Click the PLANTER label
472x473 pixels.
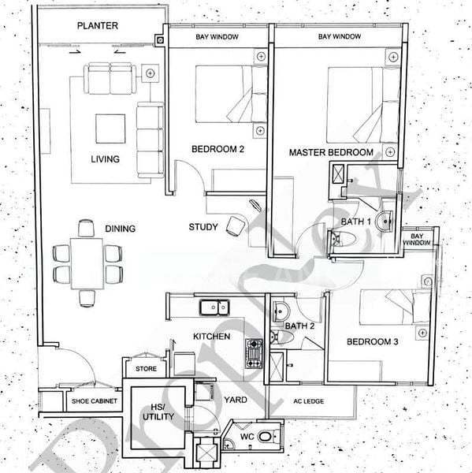98,26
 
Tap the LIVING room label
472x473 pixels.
106,159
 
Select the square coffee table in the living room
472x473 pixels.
110,128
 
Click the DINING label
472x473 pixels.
120,229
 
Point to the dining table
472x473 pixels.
87,263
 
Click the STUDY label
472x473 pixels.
203,227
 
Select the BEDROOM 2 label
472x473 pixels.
217,149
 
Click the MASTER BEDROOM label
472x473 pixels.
331,152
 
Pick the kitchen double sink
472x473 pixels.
214,307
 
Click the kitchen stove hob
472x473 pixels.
254,353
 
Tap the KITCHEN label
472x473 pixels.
211,337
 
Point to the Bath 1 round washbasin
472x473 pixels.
385,221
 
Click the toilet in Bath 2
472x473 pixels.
281,337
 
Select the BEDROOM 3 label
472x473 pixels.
372,342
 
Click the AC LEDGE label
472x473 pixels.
309,401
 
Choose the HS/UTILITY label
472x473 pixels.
158,412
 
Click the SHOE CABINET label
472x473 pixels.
94,401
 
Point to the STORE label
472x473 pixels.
146,369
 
